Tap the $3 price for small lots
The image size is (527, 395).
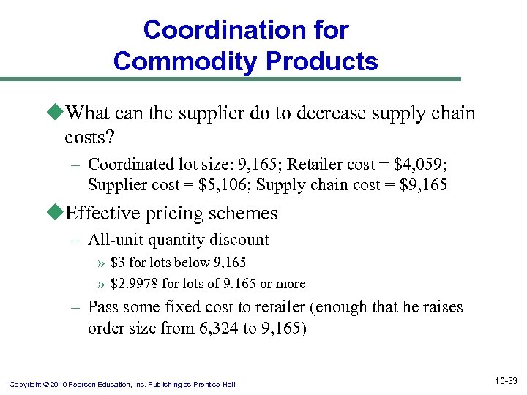[x=119, y=263]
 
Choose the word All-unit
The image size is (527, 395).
[x=114, y=239]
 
